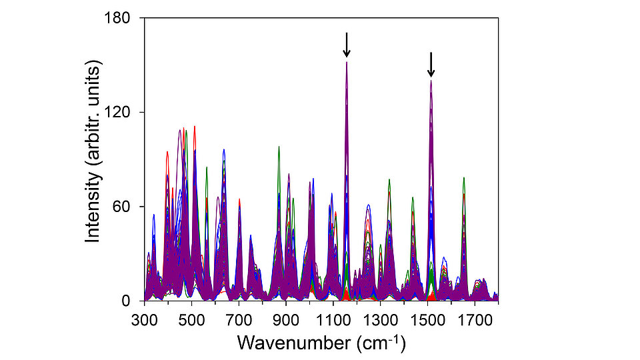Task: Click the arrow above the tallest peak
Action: [347, 45]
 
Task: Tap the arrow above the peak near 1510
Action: [431, 65]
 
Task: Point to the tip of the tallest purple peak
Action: [347, 62]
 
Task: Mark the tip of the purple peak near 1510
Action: [431, 81]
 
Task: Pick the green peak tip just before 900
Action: [279, 146]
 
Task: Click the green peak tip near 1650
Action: [463, 178]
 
